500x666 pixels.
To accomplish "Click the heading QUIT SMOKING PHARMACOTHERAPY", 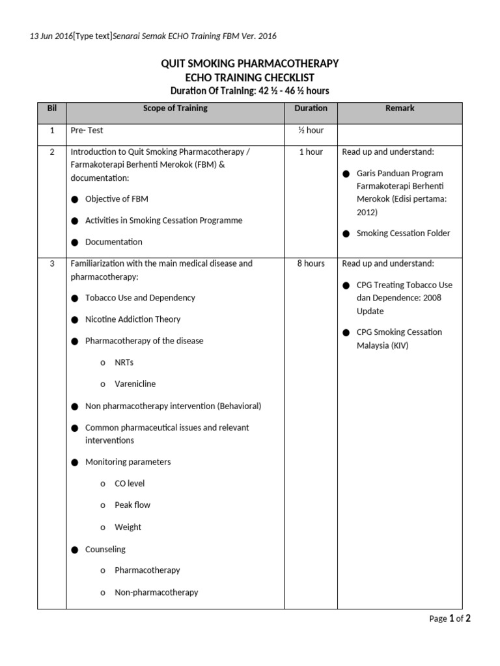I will [250, 63].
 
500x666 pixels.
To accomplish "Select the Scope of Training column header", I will [175, 109].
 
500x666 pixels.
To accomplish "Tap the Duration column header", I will [311, 109].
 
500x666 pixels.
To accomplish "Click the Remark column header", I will [400, 109].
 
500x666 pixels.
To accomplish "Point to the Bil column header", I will [51, 109].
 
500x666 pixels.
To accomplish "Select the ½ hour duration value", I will [311, 130].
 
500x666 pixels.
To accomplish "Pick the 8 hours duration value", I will [311, 263].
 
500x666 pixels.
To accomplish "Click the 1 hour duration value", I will [311, 152].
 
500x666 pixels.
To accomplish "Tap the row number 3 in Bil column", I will [51, 263].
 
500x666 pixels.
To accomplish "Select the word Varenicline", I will [135, 384].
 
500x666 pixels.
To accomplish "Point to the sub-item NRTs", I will [124, 362].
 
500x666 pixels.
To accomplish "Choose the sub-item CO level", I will [130, 483].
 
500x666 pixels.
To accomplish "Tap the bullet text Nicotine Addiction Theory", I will [133, 319].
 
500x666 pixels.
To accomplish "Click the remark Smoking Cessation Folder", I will [403, 233].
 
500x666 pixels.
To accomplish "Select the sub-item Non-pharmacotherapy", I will [156, 593].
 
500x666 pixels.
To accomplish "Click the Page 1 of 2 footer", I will [449, 619].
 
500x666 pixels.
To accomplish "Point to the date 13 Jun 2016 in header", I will [51, 36].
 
